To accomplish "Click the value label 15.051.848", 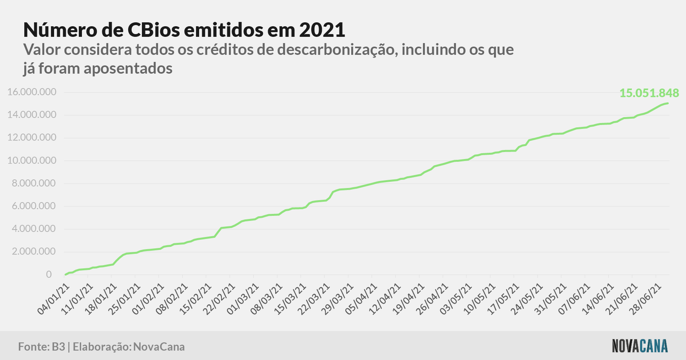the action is click(x=649, y=93).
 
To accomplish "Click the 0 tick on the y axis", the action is click(x=49, y=274).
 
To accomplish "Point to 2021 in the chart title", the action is click(x=322, y=30).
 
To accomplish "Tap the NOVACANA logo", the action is click(x=640, y=346).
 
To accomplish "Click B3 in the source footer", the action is click(x=58, y=347).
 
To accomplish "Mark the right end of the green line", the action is click(x=668, y=103).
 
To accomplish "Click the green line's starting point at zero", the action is click(x=65, y=275).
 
